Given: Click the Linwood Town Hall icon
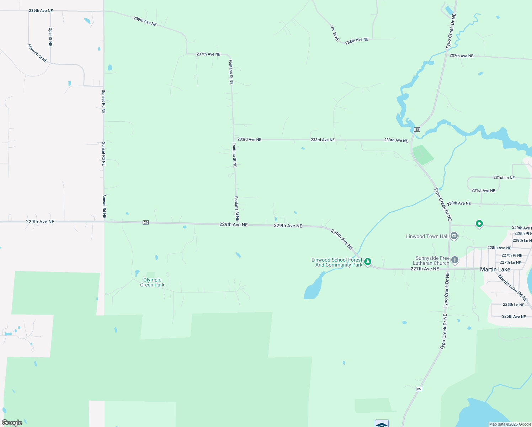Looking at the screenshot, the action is coord(454,236).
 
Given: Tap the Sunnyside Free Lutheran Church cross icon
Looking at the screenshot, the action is coord(455,260).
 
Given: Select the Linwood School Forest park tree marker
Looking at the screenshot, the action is coord(368,262).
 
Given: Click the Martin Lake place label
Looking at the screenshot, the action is coord(495,269).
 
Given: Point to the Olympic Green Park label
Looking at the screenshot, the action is coord(152,282).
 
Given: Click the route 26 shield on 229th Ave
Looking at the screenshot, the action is coord(145,222).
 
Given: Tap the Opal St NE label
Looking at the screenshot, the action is coord(50,37).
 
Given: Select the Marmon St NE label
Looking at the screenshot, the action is coord(37,53).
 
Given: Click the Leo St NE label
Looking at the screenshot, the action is coord(335,33).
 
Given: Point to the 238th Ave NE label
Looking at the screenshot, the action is coord(357,41).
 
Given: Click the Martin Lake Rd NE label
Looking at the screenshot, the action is coord(512,288).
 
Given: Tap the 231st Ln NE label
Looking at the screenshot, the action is coord(504,178).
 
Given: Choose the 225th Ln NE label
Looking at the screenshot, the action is coord(514,305).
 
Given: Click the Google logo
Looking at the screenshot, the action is coord(12,423).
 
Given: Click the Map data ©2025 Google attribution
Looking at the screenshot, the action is coord(510,424).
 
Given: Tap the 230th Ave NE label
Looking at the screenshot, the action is coord(459,203).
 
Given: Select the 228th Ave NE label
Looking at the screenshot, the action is coord(499,248).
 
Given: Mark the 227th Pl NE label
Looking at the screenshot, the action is coord(512,255).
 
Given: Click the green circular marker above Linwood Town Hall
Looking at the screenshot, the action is coord(479,224).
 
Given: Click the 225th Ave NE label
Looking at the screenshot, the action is coord(514,316).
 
